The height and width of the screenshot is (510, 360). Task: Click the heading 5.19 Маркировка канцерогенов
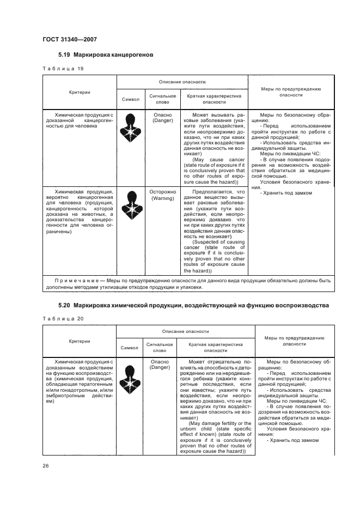coord(106,55)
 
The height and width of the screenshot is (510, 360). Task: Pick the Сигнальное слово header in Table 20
coord(159,347)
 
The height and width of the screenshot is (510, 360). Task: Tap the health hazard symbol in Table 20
coord(130,374)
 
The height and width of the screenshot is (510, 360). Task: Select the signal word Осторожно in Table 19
coord(162,192)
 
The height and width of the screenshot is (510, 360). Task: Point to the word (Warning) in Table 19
coord(162,199)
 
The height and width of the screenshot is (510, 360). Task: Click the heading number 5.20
coord(65,306)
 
